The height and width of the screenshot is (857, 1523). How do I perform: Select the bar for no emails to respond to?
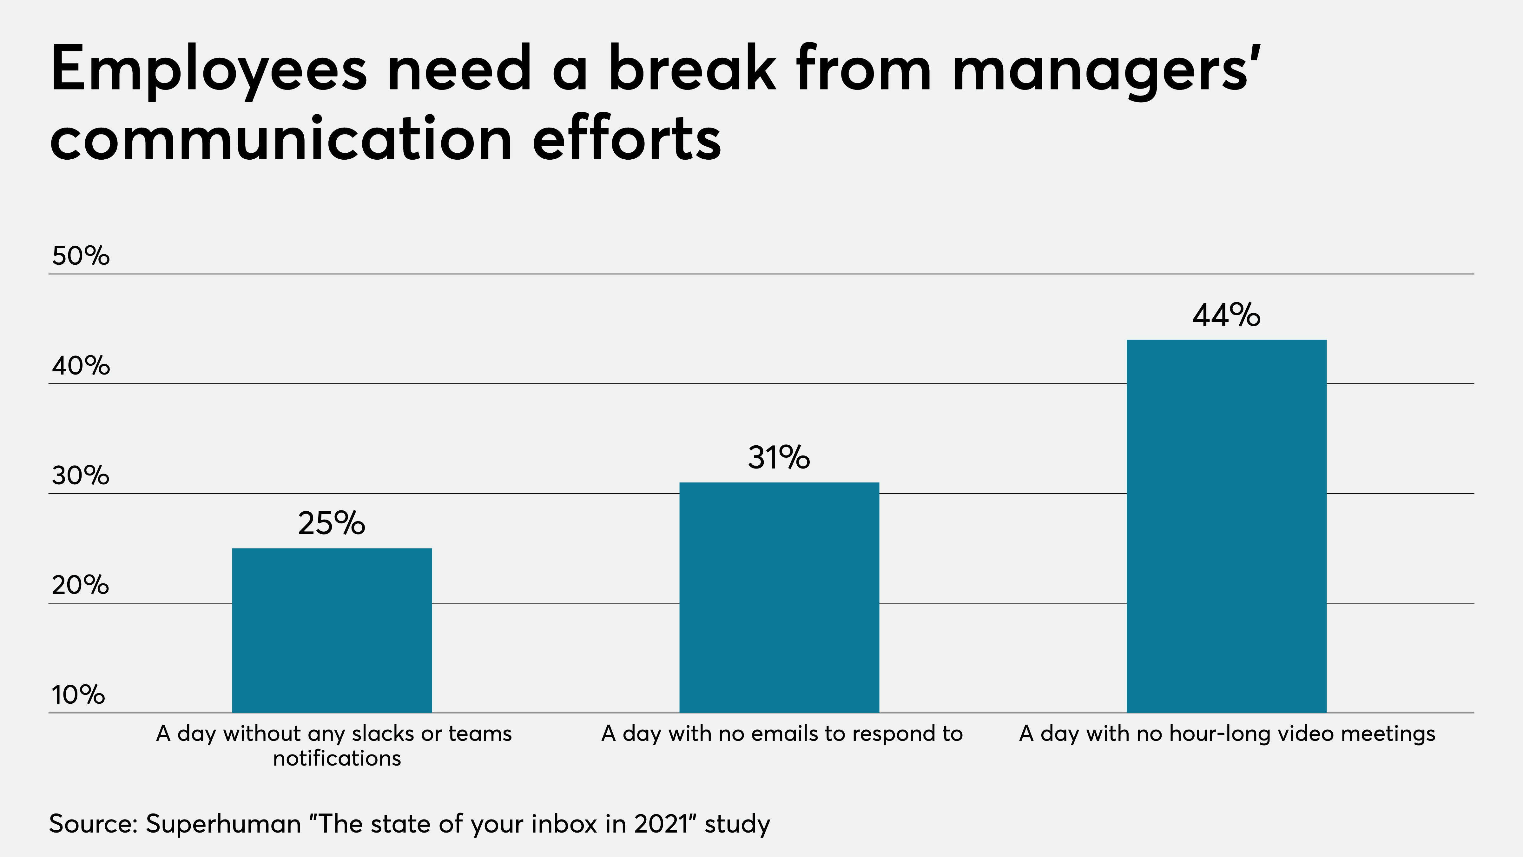click(779, 597)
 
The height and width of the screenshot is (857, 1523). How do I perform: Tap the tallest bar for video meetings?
click(1227, 526)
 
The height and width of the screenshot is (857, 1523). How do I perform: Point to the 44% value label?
click(1226, 315)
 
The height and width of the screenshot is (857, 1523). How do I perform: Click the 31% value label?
click(779, 458)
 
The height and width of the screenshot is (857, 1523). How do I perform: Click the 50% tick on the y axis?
click(80, 256)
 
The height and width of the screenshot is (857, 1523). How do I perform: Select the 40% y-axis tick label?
click(80, 366)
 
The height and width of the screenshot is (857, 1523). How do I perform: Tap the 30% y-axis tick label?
click(80, 475)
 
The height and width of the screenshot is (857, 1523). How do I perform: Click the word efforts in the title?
click(627, 138)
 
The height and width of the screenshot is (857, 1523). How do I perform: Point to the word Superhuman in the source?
click(223, 824)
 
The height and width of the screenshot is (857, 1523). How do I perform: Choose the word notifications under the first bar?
click(337, 758)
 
